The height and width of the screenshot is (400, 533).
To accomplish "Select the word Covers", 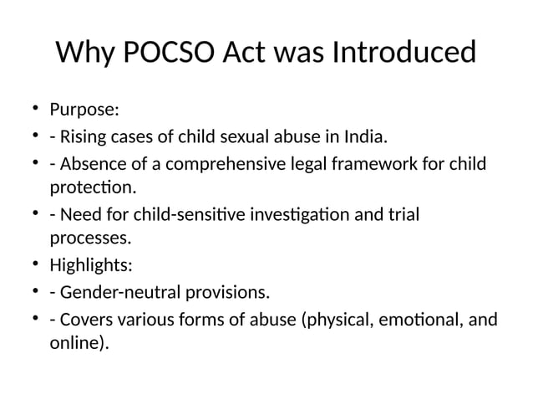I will coord(84,320).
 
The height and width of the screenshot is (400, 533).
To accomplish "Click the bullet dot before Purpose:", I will coord(37,109).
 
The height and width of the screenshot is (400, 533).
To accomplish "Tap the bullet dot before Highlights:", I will coord(37,266).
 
